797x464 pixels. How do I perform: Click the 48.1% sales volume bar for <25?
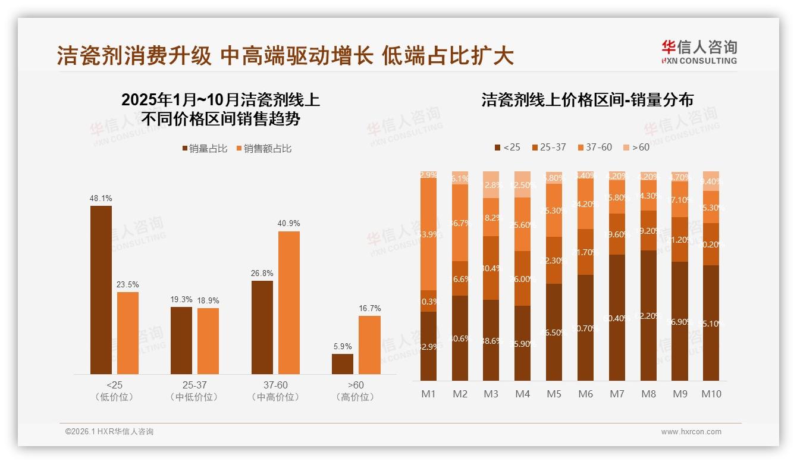click(x=101, y=290)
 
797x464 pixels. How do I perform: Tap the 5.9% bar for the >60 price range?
click(x=342, y=364)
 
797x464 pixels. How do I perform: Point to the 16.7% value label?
click(x=369, y=308)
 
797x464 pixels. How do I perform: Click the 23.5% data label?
click(x=127, y=284)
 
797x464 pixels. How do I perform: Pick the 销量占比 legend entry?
click(x=205, y=149)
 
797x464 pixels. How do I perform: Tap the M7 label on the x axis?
click(x=617, y=394)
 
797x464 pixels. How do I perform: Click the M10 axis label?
click(x=711, y=394)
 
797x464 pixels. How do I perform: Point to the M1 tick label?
click(x=428, y=394)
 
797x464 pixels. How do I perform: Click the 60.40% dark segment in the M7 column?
click(x=617, y=318)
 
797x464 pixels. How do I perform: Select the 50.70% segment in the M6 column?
click(x=586, y=327)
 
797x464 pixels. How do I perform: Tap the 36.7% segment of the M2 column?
click(x=460, y=222)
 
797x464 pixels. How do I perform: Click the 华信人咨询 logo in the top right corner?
click(x=699, y=51)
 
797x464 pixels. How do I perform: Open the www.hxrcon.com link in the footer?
click(x=691, y=432)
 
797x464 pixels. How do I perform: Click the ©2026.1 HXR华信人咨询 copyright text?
click(x=109, y=432)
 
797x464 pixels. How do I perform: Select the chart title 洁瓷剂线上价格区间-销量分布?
click(x=587, y=100)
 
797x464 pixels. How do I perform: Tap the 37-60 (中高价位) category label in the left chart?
click(x=275, y=391)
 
